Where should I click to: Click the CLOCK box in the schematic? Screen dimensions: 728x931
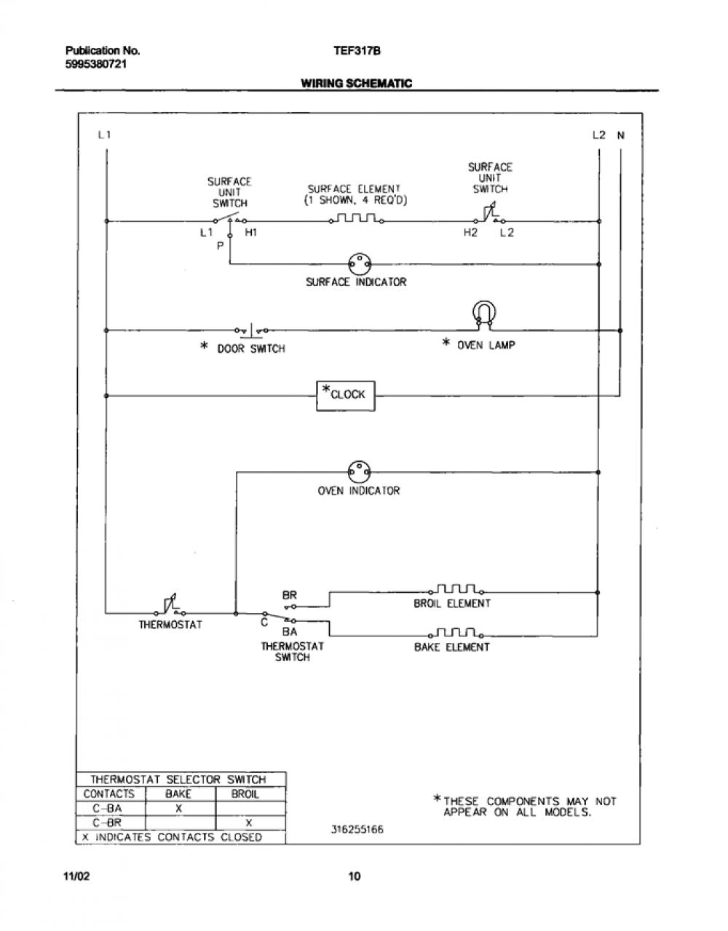point(346,396)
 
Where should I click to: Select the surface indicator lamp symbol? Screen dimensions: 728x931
point(360,264)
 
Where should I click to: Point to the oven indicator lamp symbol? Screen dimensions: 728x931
point(360,472)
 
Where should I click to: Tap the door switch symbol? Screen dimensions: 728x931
point(252,329)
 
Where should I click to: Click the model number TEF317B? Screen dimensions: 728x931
point(357,51)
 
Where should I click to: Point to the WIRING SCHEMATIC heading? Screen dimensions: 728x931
point(356,83)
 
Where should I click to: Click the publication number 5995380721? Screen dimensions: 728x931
point(96,64)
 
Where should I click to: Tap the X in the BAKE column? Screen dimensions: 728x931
point(179,809)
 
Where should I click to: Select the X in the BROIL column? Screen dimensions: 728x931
point(249,823)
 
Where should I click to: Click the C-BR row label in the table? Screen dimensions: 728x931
point(107,823)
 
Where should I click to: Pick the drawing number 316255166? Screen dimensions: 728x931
point(357,829)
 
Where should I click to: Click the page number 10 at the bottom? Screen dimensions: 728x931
point(355,876)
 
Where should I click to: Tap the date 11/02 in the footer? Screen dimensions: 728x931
point(76,876)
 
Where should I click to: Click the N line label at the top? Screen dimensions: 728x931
point(620,135)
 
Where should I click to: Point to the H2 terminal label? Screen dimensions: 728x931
point(470,233)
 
